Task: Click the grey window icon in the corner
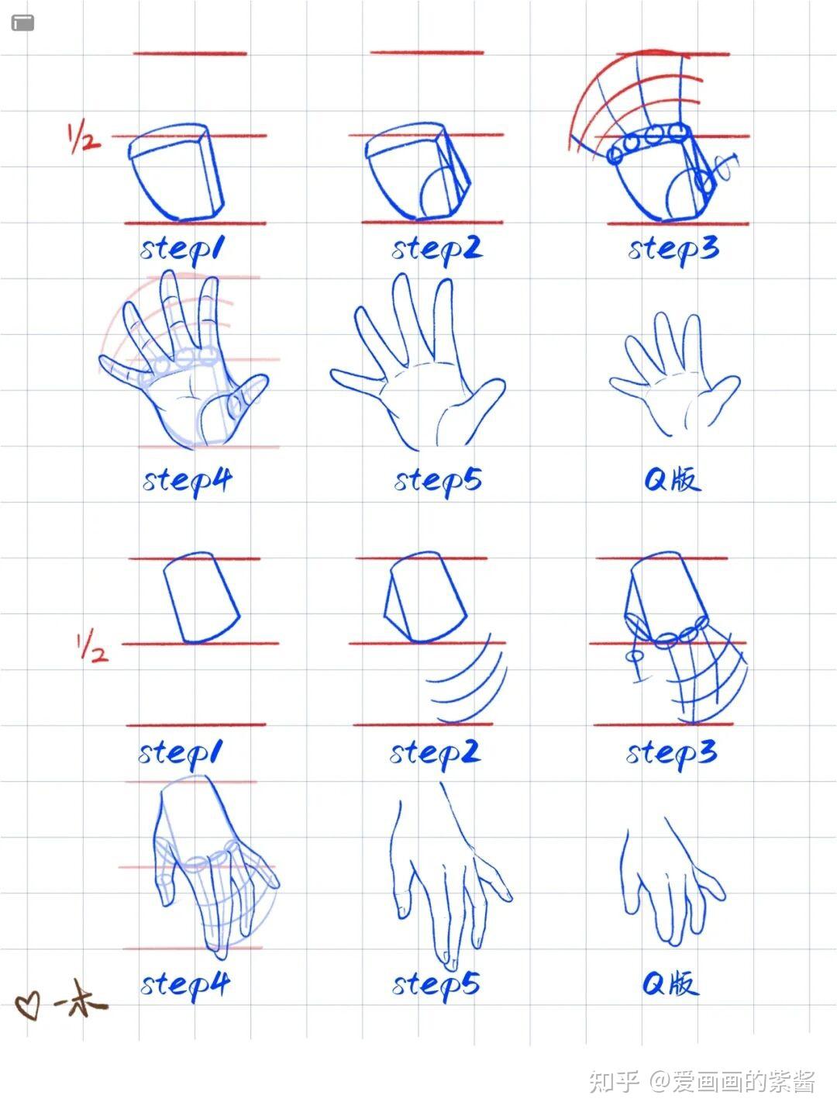(22, 23)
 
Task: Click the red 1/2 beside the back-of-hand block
(92, 646)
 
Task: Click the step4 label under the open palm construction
(187, 481)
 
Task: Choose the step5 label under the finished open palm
(437, 481)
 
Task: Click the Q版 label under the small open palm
(673, 479)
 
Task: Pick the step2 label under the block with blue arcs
(435, 754)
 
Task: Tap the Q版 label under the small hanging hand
(670, 983)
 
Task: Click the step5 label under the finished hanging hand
(436, 985)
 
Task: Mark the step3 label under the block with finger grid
(671, 754)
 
